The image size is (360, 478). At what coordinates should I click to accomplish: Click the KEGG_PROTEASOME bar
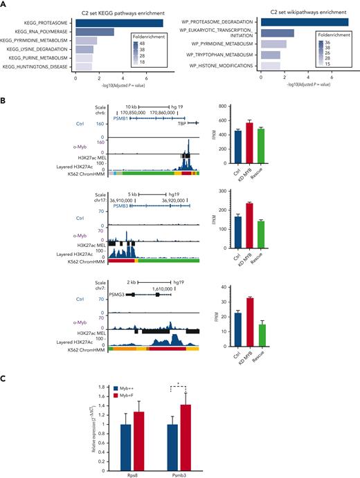click(x=119, y=23)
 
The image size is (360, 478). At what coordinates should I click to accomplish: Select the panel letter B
click(x=5, y=100)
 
